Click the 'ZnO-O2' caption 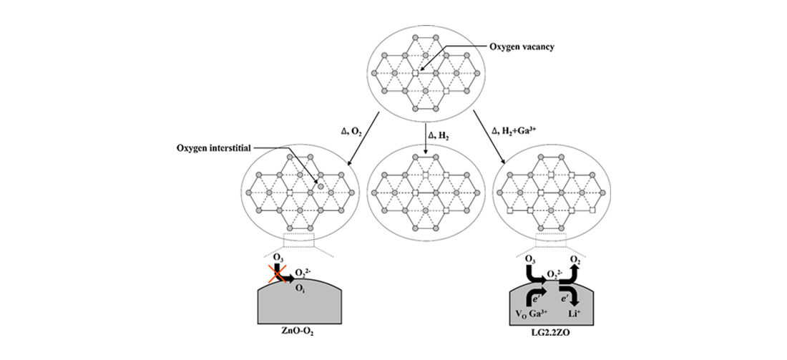298,332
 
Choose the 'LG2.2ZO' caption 552,332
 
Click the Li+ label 570,313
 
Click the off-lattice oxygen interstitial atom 321,186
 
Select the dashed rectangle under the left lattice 298,240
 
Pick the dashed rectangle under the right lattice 551,240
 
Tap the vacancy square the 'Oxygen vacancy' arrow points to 415,73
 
